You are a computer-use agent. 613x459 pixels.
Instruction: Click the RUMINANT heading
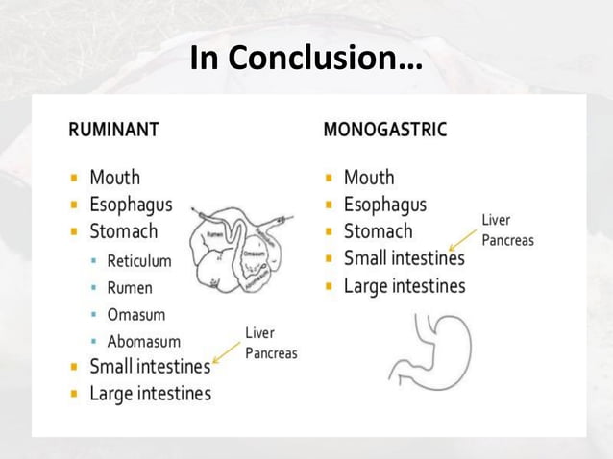[113, 129]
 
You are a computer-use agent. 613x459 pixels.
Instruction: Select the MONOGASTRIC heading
[384, 129]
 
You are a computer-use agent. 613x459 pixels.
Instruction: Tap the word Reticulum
[138, 260]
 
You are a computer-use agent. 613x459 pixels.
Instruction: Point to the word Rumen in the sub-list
[129, 287]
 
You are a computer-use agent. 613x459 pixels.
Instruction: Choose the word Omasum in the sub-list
[135, 314]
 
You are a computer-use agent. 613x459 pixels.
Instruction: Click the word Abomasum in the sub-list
[143, 341]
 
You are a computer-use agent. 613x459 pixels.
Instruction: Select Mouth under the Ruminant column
[114, 177]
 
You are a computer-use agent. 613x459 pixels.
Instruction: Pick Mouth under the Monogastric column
[369, 177]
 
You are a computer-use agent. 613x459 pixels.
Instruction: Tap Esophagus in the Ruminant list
[131, 205]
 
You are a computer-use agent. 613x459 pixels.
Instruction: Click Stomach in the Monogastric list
[378, 231]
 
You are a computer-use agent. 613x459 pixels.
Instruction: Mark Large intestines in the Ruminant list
[150, 393]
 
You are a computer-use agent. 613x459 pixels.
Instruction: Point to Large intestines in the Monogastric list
[405, 286]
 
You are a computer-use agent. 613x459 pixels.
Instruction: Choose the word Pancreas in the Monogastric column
[507, 240]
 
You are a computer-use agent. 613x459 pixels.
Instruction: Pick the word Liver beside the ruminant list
[259, 332]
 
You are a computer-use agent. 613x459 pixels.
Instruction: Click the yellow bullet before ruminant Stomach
[74, 232]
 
